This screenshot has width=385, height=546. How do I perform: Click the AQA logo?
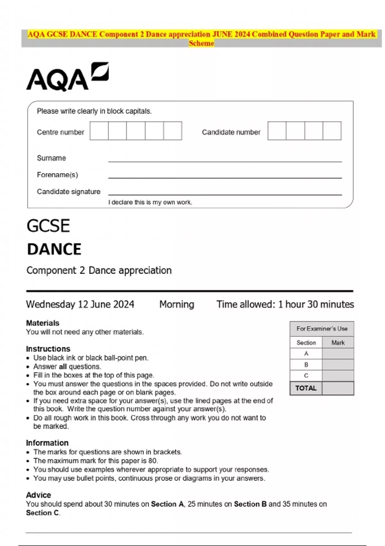67,77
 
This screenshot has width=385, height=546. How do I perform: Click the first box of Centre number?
99,131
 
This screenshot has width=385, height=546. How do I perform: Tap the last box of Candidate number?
332,131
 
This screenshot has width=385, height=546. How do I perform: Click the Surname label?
51,158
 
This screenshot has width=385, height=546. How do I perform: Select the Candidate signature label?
69,192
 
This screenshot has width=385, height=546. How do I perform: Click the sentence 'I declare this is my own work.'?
150,202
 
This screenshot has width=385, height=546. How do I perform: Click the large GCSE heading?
48,226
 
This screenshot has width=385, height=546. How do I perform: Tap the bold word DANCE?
54,249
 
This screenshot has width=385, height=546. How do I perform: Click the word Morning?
177,304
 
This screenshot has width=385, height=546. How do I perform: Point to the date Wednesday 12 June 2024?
80,304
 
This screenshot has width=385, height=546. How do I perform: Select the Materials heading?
43,323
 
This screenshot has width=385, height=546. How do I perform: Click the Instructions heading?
48,349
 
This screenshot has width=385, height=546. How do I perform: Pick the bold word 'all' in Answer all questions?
63,366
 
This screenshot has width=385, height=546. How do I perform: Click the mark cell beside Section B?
338,365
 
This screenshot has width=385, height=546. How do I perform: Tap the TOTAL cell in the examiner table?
306,388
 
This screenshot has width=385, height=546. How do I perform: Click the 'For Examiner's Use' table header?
322,329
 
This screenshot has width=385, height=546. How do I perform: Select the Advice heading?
38,495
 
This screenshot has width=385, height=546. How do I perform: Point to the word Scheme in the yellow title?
201,43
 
